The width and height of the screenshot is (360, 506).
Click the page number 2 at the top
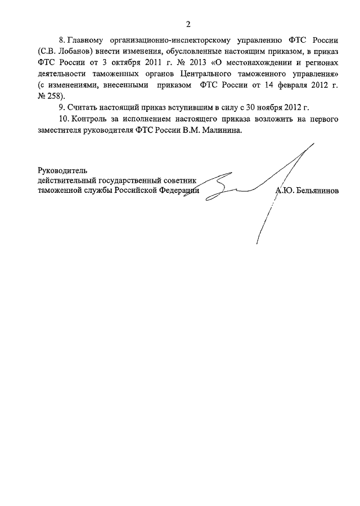click(x=188, y=24)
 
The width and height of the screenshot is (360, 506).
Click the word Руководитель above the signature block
click(x=63, y=169)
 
